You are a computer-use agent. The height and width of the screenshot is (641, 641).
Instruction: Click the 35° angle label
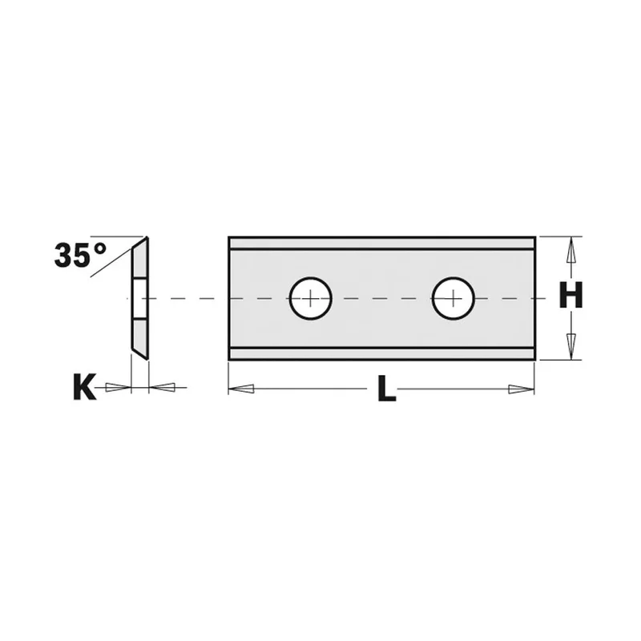80,255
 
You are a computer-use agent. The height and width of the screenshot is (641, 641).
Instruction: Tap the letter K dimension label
85,386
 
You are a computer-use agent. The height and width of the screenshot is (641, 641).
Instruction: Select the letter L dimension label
387,388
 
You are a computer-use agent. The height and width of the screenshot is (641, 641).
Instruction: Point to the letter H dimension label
570,295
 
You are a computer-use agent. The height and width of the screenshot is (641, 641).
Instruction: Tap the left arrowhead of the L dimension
241,389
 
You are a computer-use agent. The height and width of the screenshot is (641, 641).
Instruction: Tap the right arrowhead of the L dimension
522,389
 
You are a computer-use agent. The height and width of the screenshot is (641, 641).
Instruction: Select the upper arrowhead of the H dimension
571,250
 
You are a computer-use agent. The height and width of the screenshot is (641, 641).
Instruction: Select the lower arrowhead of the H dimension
571,347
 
